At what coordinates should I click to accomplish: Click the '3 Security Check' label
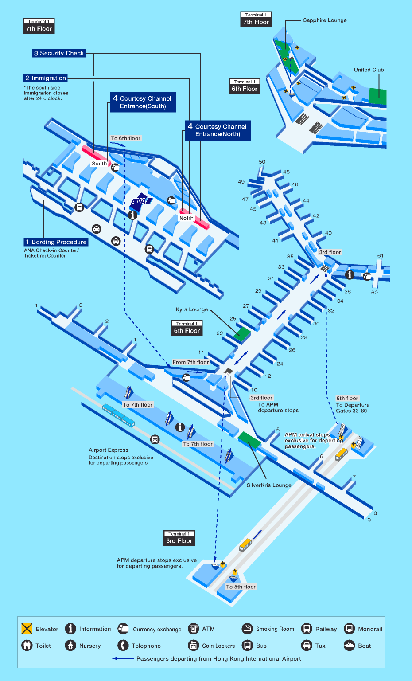[58, 53]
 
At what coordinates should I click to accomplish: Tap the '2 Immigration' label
[46, 78]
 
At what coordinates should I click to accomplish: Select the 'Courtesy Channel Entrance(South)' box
[143, 102]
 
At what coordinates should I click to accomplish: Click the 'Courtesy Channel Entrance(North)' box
[218, 130]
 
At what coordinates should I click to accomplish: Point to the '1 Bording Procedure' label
[56, 242]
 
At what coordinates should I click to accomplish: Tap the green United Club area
[377, 96]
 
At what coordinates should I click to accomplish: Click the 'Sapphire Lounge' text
[325, 20]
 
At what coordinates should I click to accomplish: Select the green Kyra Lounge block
[242, 333]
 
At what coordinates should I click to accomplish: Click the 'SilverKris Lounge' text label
[269, 485]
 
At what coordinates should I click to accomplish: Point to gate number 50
[262, 162]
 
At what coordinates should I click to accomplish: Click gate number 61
[380, 256]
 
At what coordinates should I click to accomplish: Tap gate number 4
[36, 306]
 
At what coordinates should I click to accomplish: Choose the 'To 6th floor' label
[125, 138]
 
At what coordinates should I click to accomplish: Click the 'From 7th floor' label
[190, 362]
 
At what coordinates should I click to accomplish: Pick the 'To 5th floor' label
[241, 587]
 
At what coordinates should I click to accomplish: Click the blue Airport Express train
[118, 415]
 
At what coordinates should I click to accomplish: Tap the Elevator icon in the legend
[27, 629]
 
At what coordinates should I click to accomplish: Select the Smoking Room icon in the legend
[247, 629]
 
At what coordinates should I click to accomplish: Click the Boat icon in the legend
[350, 645]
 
